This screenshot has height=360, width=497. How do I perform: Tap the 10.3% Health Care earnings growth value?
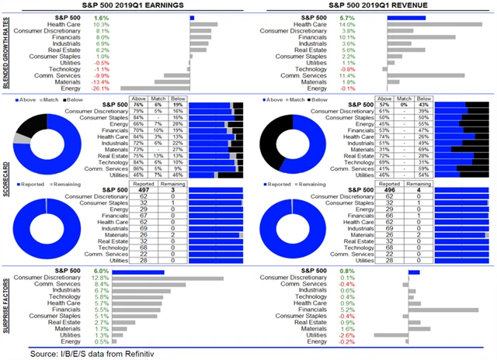(101, 25)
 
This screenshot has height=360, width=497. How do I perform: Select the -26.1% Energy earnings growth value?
(101, 87)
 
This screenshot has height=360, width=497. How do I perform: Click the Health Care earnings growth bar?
(204, 25)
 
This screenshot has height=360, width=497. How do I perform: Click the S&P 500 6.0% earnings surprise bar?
(139, 271)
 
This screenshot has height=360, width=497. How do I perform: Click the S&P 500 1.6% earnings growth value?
(101, 17)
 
